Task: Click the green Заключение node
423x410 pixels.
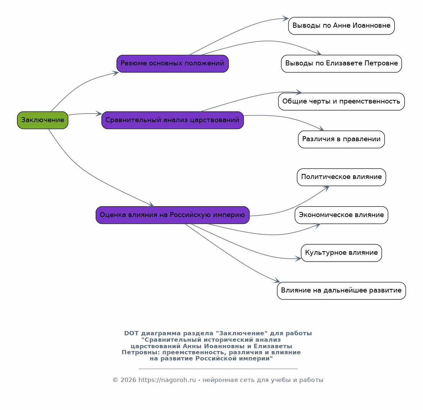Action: [42, 120]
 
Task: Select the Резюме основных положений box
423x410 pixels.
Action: [173, 64]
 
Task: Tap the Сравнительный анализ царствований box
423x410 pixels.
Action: [173, 120]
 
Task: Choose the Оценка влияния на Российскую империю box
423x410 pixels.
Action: [173, 215]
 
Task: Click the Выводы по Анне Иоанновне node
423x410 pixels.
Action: [341, 26]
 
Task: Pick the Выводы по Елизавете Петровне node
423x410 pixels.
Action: [341, 64]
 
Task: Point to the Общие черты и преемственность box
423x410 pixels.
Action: [341, 102]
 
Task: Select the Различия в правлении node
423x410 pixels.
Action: [341, 139]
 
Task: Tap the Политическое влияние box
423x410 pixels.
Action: [341, 177]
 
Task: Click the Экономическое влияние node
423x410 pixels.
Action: [341, 215]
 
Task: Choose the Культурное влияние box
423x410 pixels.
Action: [341, 253]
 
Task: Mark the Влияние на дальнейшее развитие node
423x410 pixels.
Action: [341, 291]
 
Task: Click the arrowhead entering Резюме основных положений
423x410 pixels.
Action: [116, 73]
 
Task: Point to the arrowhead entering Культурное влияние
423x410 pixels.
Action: [299, 259]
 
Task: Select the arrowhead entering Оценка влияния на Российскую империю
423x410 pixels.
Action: [151, 204]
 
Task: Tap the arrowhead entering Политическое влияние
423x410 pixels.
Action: [327, 188]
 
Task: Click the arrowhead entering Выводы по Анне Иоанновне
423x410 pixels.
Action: [286, 19]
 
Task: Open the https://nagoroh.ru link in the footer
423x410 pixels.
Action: [167, 380]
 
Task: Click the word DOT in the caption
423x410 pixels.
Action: [131, 333]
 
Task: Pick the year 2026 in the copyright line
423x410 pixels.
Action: [128, 380]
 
